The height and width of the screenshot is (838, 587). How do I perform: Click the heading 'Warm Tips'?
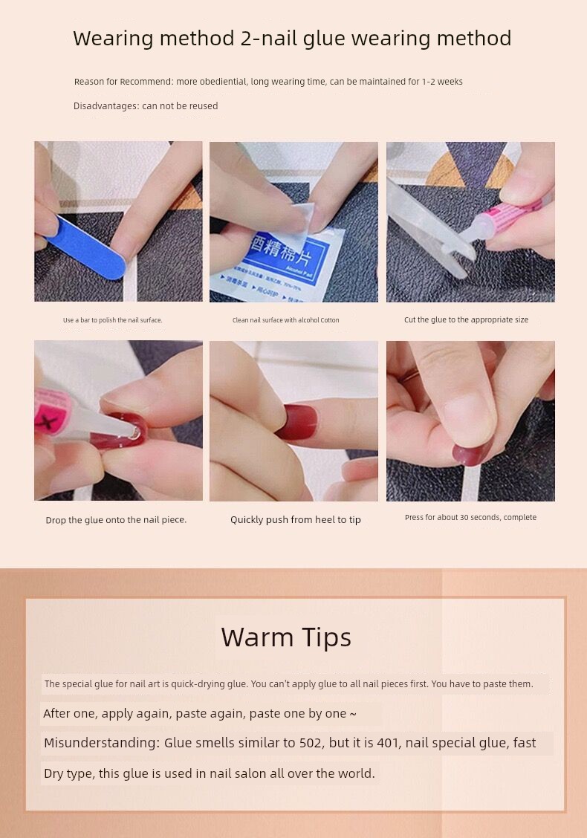click(286, 637)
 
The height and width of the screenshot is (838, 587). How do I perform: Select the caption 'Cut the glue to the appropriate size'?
click(466, 319)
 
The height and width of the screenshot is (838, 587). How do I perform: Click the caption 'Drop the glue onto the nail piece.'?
click(116, 519)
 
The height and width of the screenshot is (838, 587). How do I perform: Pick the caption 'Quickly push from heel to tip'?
click(296, 519)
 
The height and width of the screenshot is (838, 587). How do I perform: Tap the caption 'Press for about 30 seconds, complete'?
click(470, 517)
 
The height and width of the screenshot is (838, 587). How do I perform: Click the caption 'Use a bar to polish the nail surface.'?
click(113, 320)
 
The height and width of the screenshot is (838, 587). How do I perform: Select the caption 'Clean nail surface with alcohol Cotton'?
click(285, 320)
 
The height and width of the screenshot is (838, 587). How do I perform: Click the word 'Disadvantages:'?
click(106, 105)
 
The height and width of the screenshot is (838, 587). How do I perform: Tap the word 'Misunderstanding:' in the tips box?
click(102, 743)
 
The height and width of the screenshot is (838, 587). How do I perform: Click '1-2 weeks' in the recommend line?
click(442, 82)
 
